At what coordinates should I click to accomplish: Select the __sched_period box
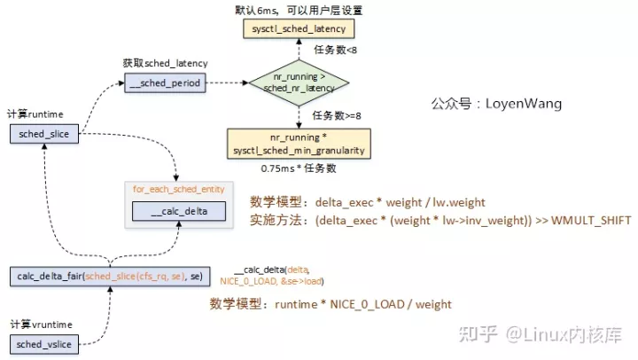pyautogui.click(x=164, y=82)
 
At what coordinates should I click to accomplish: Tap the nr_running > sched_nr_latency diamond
pyautogui.click(x=299, y=83)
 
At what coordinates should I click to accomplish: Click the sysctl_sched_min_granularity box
pyautogui.click(x=299, y=143)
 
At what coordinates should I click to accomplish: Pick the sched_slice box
pyautogui.click(x=43, y=133)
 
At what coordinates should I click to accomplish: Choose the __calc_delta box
pyautogui.click(x=178, y=211)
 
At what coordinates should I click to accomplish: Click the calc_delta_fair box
pyautogui.click(x=110, y=277)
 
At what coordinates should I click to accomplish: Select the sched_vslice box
pyautogui.click(x=43, y=343)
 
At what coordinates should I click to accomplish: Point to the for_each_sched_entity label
pyautogui.click(x=178, y=190)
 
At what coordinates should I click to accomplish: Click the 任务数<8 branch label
pyautogui.click(x=336, y=51)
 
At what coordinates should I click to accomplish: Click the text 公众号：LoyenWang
pyautogui.click(x=496, y=104)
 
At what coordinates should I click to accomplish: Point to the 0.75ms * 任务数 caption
pyautogui.click(x=299, y=168)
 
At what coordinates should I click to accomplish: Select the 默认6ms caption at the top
pyautogui.click(x=299, y=10)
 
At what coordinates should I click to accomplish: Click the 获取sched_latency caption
pyautogui.click(x=166, y=64)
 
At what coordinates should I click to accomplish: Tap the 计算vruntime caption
pyautogui.click(x=41, y=325)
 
